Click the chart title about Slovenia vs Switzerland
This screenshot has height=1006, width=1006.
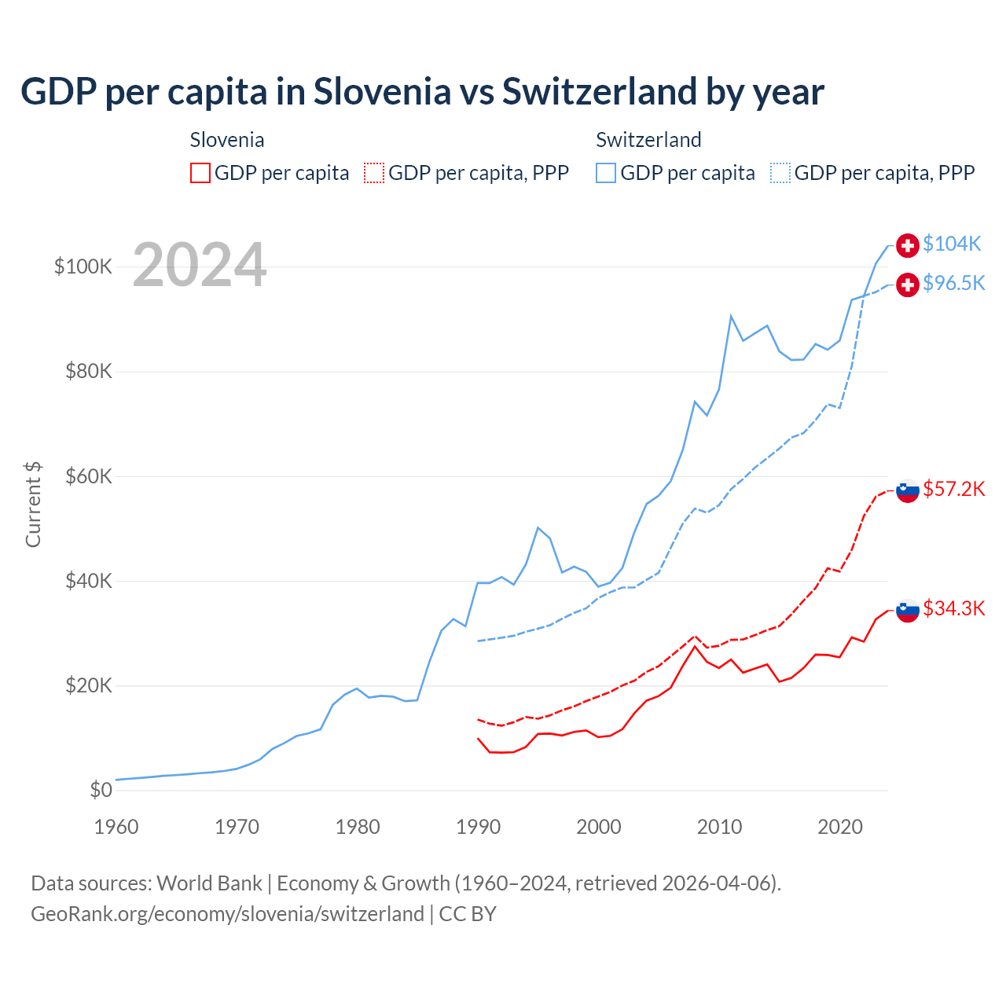(422, 92)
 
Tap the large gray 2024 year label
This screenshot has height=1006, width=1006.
(200, 265)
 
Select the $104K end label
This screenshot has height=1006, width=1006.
(952, 244)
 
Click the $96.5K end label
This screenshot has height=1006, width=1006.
(953, 284)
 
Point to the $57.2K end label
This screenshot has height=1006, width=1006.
(953, 490)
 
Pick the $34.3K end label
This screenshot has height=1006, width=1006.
(953, 609)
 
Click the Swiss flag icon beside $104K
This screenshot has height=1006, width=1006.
(908, 245)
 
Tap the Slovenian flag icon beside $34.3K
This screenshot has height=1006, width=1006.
(908, 609)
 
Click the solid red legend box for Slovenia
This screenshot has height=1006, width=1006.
(200, 173)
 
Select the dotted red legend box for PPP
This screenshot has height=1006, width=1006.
(374, 173)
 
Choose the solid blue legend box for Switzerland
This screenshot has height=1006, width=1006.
(606, 173)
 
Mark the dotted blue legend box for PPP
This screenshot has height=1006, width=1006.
(780, 173)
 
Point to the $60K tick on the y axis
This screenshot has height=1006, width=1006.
(89, 477)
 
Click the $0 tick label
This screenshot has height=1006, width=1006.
(101, 791)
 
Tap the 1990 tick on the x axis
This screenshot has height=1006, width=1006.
(478, 827)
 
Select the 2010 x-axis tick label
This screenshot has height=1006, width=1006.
(719, 827)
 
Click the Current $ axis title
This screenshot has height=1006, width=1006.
(33, 505)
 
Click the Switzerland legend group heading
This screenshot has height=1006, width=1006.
(648, 140)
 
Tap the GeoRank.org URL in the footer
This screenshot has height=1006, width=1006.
(227, 914)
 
